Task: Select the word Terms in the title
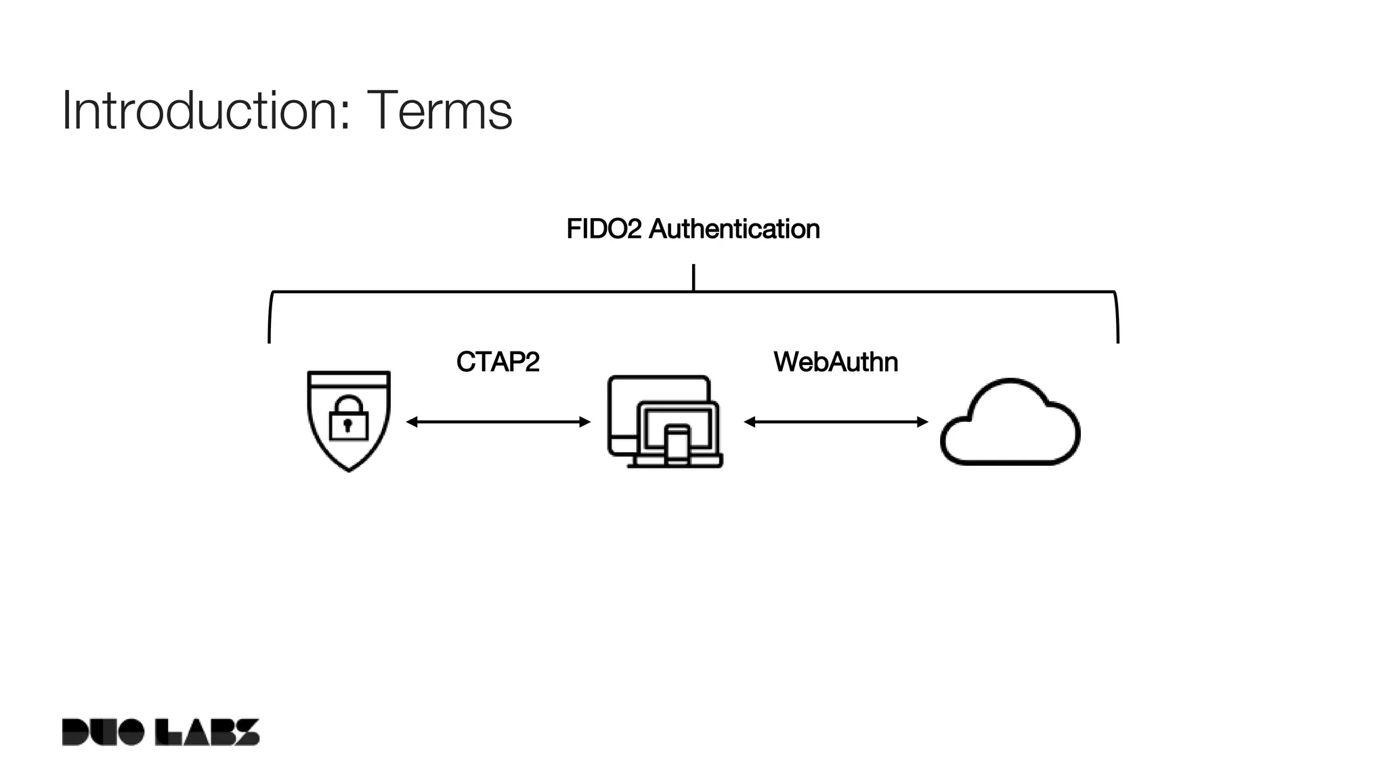click(x=440, y=110)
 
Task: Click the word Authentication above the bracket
click(x=734, y=230)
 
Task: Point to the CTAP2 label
click(x=498, y=362)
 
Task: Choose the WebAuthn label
click(x=836, y=362)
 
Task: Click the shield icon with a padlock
click(x=349, y=420)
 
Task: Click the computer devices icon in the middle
click(x=664, y=421)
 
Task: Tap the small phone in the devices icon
click(x=677, y=446)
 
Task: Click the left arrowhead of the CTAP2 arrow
click(x=411, y=422)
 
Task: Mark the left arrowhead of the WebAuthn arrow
click(x=749, y=422)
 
